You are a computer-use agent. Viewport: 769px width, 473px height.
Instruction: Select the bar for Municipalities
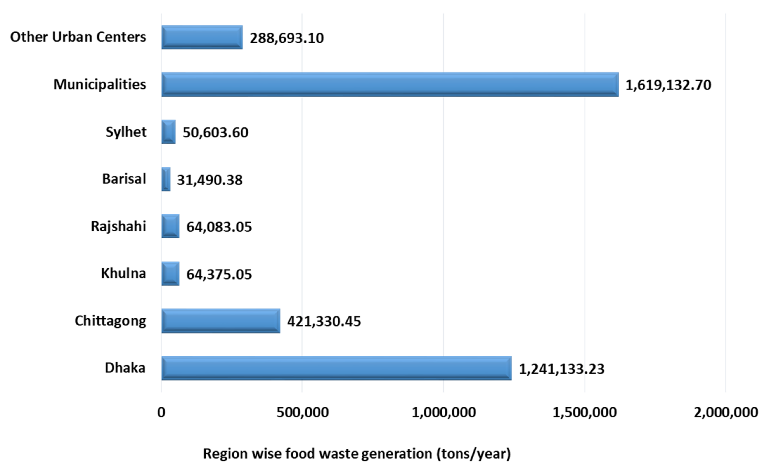click(390, 84)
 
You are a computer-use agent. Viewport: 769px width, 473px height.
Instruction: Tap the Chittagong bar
click(221, 321)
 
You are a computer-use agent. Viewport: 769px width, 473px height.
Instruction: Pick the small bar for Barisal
click(166, 179)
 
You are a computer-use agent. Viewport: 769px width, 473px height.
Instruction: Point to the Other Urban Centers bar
click(202, 37)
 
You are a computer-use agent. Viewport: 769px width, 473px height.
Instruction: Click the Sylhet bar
click(168, 132)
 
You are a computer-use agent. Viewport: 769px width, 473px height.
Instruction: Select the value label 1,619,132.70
click(668, 85)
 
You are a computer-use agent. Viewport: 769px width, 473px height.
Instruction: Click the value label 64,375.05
click(219, 274)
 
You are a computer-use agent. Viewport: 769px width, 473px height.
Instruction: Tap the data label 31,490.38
click(210, 180)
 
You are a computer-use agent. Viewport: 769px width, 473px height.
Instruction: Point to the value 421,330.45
click(324, 321)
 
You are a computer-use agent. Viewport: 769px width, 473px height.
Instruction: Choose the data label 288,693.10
click(287, 38)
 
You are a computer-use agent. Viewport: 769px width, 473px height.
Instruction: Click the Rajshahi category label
click(118, 226)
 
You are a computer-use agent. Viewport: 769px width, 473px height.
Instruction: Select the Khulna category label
click(123, 273)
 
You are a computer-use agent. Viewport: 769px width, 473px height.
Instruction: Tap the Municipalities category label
click(99, 84)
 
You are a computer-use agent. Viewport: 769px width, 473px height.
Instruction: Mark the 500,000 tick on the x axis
click(302, 412)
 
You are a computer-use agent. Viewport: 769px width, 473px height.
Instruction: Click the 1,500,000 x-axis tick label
click(585, 412)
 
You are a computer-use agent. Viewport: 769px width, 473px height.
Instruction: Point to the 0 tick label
click(161, 412)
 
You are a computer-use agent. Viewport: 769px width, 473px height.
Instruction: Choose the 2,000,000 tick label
click(726, 412)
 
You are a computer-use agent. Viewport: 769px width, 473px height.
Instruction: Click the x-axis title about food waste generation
click(357, 454)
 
